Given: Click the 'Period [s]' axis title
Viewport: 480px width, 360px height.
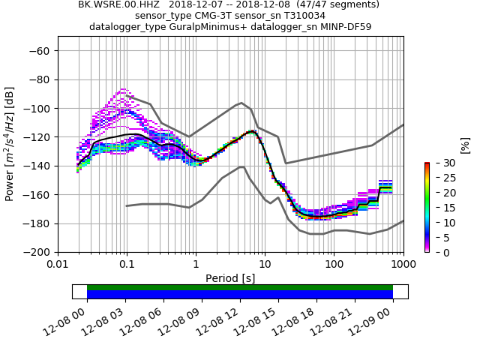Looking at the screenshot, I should (x=230, y=278).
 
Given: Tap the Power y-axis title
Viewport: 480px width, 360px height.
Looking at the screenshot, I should (x=10, y=144).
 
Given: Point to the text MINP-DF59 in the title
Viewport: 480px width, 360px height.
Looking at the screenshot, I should (x=344, y=27).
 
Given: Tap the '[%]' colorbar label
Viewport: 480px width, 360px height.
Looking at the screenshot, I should (x=465, y=145).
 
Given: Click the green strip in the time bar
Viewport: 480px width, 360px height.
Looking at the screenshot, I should (x=240, y=287).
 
